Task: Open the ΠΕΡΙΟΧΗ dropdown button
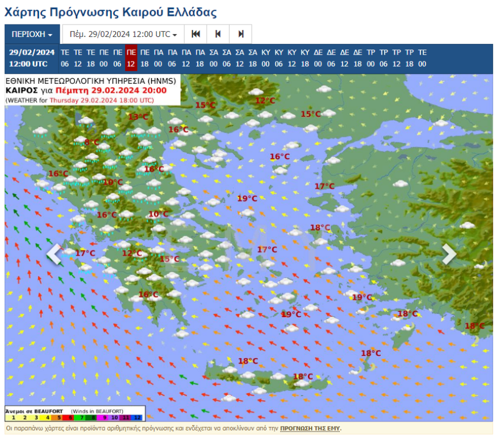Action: point(32,34)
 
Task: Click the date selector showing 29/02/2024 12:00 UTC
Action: point(123,34)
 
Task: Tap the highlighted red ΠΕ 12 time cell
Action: point(131,58)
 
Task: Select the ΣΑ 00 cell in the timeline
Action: point(214,58)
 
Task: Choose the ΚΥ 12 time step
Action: point(292,58)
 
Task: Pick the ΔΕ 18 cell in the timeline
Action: point(357,58)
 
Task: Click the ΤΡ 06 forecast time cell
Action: point(384,58)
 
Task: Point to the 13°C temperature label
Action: point(137,117)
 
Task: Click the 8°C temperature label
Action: point(91,142)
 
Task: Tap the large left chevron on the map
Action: point(55,255)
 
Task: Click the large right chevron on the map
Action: point(449,255)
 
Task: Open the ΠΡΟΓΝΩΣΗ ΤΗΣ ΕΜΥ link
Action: point(310,428)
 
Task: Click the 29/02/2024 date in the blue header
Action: point(32,52)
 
